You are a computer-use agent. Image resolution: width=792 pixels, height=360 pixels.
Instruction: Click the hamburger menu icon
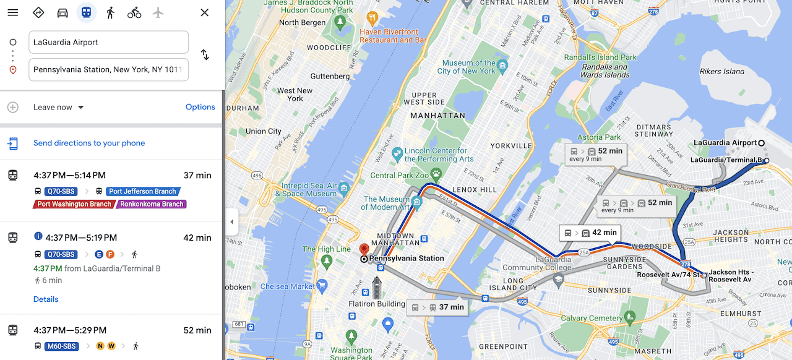(13, 12)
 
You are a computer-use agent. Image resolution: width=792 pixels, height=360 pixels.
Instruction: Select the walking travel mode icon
(110, 12)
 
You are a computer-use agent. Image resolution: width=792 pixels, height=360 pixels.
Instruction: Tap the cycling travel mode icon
(134, 12)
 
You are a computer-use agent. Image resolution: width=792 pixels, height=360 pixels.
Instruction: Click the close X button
(205, 12)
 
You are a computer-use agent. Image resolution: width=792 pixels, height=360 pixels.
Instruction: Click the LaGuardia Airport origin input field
(108, 42)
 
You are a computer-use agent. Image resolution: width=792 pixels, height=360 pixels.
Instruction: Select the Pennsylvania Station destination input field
(108, 69)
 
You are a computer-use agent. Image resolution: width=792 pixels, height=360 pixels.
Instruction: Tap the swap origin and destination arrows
(205, 55)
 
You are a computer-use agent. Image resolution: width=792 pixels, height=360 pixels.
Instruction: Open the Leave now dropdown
(59, 107)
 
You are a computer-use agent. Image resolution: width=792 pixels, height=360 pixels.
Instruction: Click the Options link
(200, 107)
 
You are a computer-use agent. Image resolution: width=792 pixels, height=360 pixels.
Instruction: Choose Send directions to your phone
(89, 143)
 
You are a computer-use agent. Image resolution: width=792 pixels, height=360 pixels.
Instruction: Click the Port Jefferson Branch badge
(142, 191)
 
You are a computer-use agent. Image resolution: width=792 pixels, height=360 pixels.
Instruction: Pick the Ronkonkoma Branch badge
(152, 204)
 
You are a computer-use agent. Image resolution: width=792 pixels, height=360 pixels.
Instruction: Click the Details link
(46, 299)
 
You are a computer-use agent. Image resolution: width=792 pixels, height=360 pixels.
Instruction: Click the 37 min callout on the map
(437, 307)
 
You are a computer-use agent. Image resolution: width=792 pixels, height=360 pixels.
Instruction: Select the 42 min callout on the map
(590, 233)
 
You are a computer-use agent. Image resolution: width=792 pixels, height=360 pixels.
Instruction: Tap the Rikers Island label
(721, 71)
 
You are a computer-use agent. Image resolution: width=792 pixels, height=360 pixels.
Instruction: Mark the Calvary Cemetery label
(592, 319)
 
